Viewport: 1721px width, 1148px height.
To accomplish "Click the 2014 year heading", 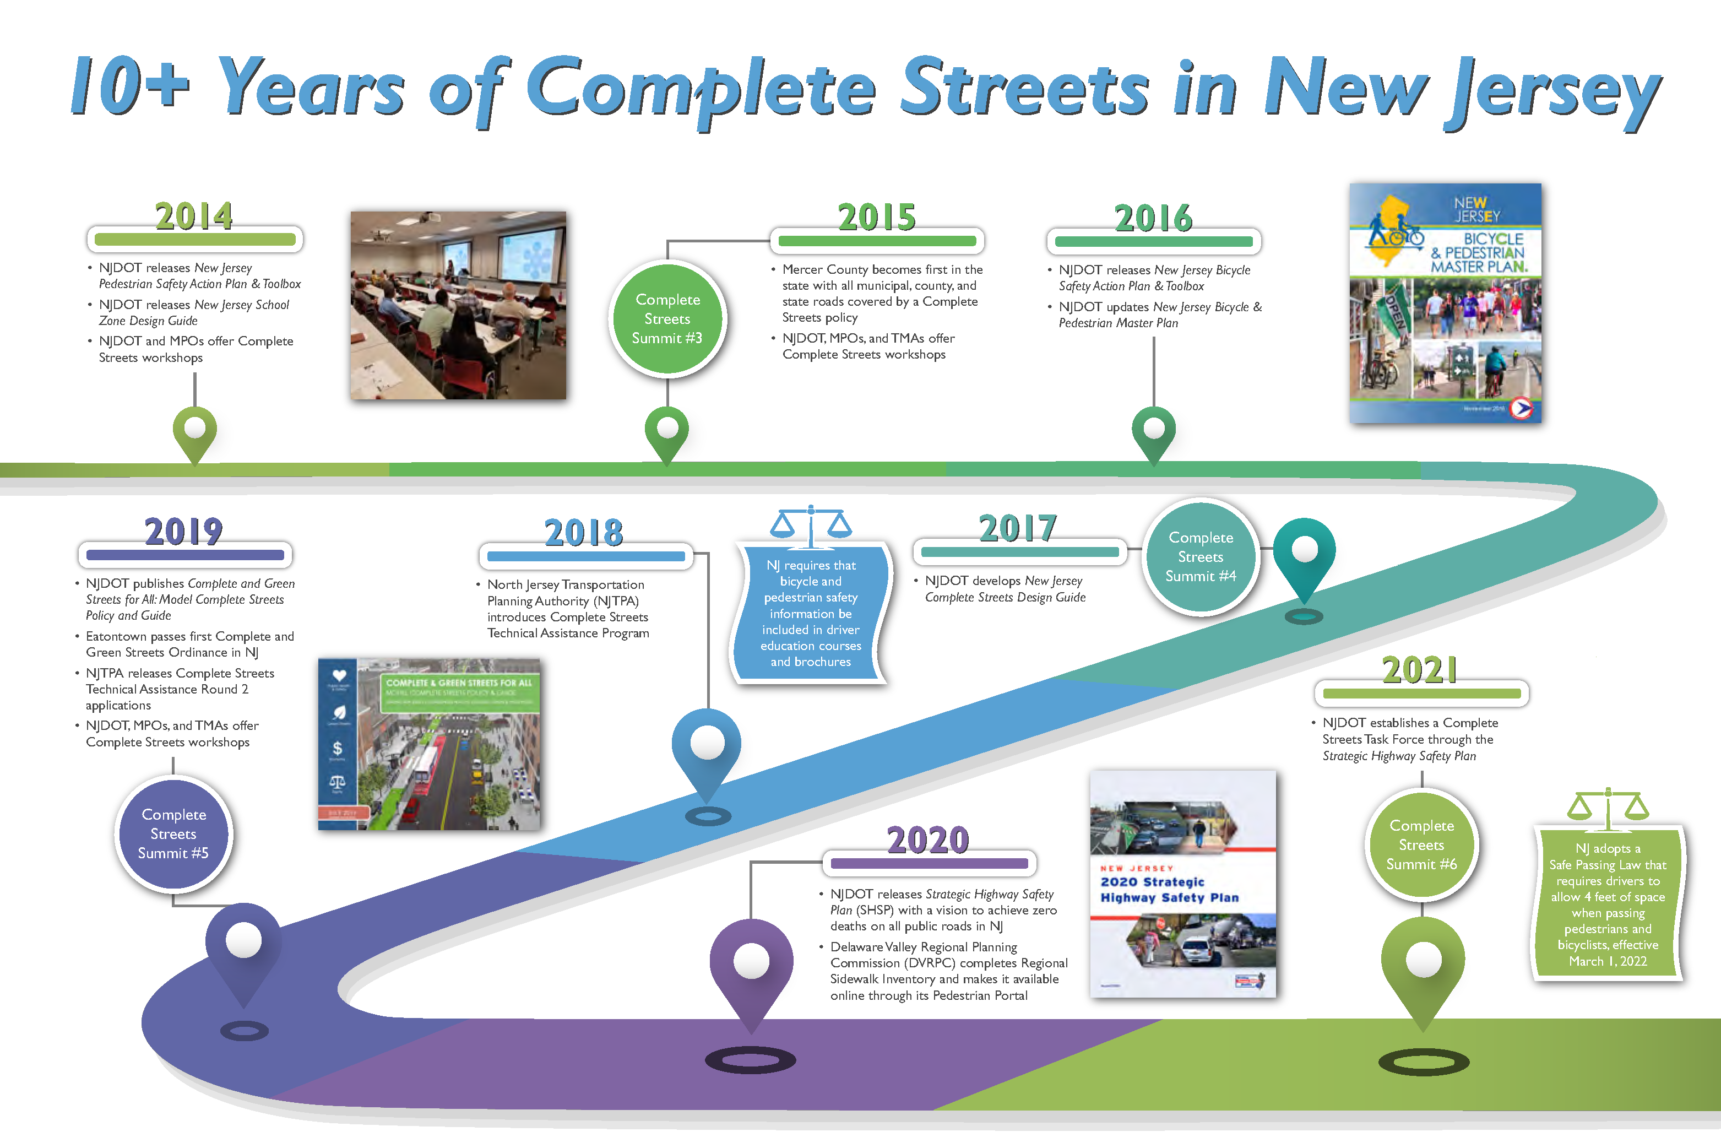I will click(194, 216).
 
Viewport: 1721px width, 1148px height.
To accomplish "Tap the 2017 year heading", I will click(1018, 529).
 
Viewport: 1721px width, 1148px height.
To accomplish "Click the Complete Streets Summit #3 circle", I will click(667, 319).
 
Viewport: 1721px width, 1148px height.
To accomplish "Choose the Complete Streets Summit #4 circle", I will click(1201, 557).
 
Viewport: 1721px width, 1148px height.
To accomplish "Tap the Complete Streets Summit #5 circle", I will click(173, 834).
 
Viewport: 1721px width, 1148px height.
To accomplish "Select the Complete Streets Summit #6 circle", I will click(1421, 845).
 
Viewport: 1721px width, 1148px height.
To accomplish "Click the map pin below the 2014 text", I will click(195, 431).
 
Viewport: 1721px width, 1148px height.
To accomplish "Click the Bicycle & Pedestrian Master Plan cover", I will click(1445, 303).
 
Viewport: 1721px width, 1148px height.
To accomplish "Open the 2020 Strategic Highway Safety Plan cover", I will click(1183, 884).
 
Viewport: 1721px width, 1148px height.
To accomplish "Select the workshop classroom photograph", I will click(458, 305).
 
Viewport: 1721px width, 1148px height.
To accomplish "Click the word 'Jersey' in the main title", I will click(1552, 91).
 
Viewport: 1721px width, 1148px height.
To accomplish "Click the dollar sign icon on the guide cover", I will click(338, 748).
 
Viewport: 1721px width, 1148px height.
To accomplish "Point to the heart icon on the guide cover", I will click(339, 675).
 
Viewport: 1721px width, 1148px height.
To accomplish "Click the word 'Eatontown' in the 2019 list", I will click(116, 637).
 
